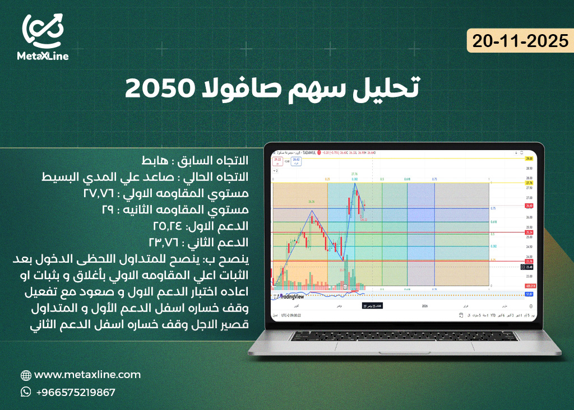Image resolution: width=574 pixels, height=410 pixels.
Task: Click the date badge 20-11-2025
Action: (x=520, y=41)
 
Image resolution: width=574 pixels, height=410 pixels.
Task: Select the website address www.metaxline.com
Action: (x=87, y=375)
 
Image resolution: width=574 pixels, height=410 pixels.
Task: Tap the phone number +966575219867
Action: (x=75, y=392)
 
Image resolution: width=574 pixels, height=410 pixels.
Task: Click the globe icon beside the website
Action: (x=26, y=375)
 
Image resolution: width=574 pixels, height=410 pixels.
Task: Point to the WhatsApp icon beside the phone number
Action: (x=26, y=392)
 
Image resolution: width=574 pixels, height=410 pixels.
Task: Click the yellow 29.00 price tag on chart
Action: (x=528, y=159)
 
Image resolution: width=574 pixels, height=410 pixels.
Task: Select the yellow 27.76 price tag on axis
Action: (x=528, y=183)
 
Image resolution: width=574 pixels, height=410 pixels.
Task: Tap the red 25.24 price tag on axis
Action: (x=528, y=232)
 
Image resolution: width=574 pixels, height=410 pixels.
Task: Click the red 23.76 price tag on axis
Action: (x=528, y=261)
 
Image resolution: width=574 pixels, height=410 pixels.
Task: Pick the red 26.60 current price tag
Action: (x=528, y=206)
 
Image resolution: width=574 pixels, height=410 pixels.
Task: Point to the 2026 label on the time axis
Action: (x=424, y=306)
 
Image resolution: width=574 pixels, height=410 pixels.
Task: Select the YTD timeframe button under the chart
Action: (x=493, y=315)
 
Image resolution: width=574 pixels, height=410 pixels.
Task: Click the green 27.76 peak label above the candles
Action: (x=354, y=174)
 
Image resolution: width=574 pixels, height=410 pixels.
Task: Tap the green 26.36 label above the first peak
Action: (x=312, y=201)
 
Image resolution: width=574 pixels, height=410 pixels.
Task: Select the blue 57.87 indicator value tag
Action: (x=528, y=293)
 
